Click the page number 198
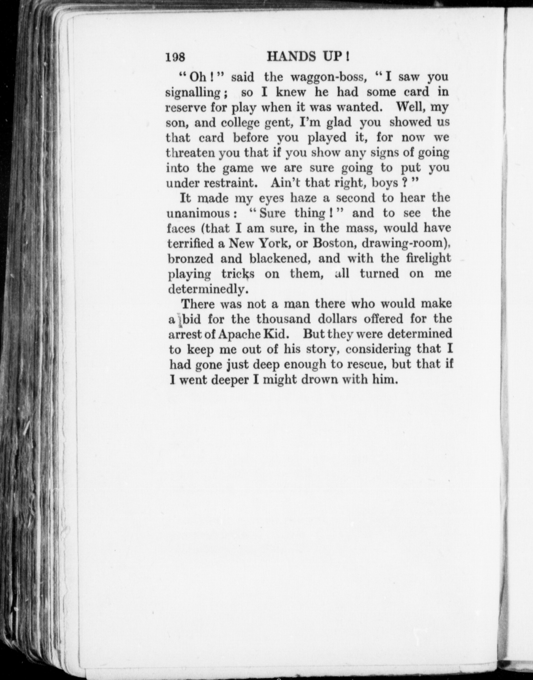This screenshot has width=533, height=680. coord(176,56)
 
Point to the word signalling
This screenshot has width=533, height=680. coord(193,93)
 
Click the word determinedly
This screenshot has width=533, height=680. coord(206,289)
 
